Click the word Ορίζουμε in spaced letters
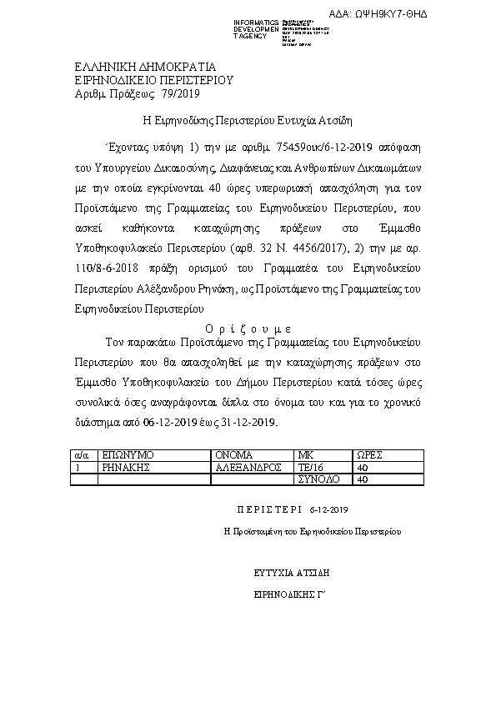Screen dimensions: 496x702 (247, 328)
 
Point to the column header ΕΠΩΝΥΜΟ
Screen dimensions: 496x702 (126, 455)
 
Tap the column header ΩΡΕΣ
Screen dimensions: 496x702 (369, 455)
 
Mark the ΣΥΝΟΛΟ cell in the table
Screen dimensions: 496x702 (318, 479)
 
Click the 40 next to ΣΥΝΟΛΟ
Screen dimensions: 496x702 (362, 479)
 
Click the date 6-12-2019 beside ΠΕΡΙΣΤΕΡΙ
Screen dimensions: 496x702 (328, 509)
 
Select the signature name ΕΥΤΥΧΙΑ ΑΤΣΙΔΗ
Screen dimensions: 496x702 (293, 574)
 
